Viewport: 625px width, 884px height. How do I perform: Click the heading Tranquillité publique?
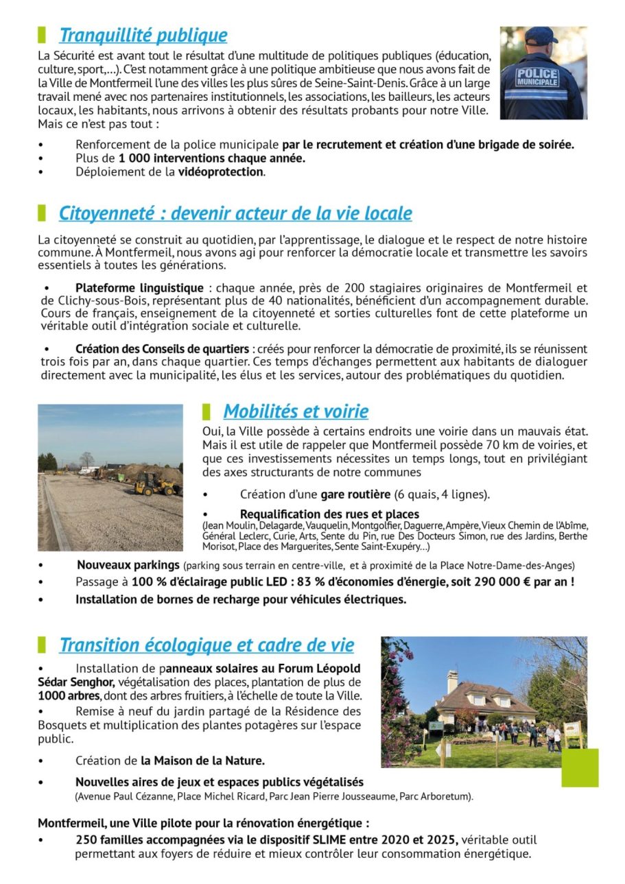(x=143, y=35)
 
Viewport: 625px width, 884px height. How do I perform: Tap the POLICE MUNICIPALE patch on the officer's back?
(x=537, y=76)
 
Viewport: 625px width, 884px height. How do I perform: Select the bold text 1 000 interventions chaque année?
(x=211, y=158)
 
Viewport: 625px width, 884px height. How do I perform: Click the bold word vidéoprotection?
(x=221, y=172)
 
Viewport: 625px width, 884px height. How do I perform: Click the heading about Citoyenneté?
(x=235, y=213)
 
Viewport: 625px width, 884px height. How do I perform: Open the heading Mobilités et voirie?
(x=295, y=411)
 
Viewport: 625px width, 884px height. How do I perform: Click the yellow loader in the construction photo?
(x=153, y=484)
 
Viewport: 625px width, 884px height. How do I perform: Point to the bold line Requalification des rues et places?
(x=329, y=514)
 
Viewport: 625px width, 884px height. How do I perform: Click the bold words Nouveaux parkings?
(x=128, y=566)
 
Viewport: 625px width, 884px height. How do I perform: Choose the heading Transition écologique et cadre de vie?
(x=207, y=645)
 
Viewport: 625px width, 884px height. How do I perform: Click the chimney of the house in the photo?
(x=452, y=681)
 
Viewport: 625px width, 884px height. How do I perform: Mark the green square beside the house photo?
(x=580, y=767)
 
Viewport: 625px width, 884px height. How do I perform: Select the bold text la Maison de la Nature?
(x=202, y=761)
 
